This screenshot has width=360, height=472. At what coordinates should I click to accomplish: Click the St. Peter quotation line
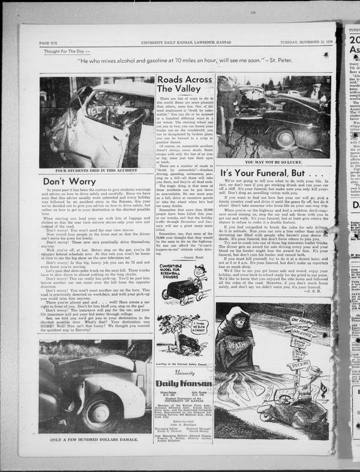pyautogui.click(x=189, y=61)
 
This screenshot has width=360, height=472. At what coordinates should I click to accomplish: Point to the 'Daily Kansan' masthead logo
pyautogui.click(x=184, y=382)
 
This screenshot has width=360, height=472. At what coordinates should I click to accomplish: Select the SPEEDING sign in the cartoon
pyautogui.click(x=299, y=364)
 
